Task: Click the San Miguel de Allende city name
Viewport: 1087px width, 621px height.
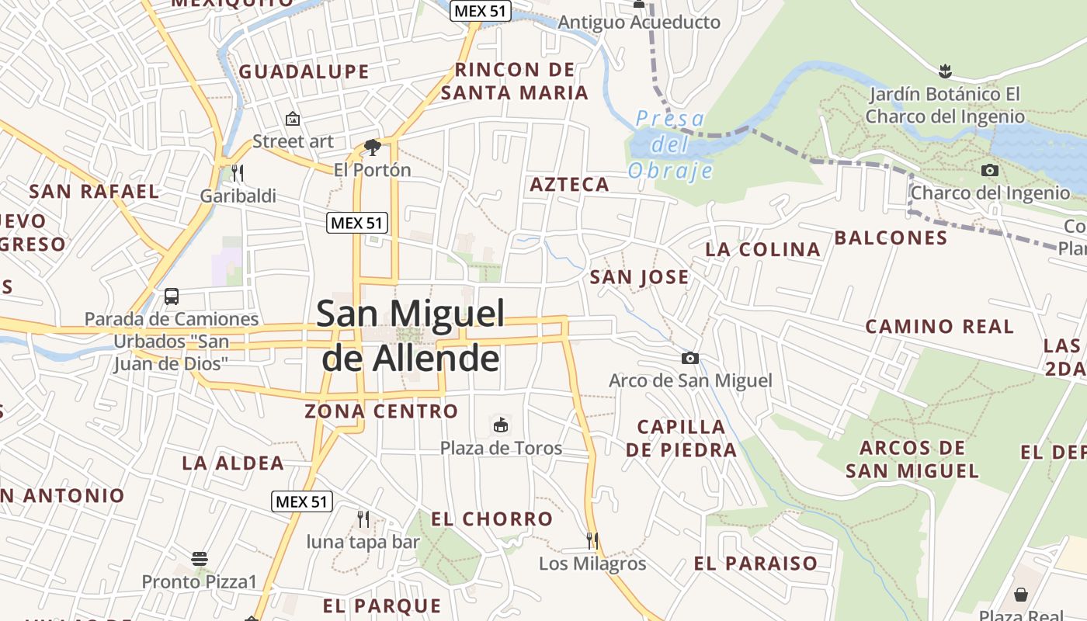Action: (411, 335)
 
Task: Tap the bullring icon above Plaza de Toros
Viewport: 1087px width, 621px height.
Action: (501, 425)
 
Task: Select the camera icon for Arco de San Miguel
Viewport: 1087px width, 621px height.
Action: (689, 358)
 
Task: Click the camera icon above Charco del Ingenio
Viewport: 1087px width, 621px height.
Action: (990, 170)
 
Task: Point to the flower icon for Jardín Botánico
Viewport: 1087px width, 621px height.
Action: (945, 71)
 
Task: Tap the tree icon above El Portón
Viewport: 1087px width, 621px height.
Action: (373, 147)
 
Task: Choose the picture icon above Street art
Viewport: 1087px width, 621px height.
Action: (293, 119)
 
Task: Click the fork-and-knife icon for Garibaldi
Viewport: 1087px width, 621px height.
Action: (238, 172)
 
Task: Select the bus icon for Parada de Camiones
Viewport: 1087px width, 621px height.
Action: (172, 296)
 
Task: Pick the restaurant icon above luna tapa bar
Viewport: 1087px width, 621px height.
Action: (363, 519)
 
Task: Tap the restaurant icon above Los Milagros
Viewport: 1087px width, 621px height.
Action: (592, 540)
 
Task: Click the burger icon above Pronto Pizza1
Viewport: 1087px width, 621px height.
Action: (200, 558)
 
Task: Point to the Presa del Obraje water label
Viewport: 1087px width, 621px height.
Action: (669, 144)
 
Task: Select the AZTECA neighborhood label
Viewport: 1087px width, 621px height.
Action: (569, 185)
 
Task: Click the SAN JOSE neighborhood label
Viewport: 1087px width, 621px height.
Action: (639, 277)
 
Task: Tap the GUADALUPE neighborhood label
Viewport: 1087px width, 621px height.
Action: (304, 72)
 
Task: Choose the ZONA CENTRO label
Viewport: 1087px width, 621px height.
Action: (381, 411)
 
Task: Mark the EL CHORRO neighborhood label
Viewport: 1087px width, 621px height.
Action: (491, 519)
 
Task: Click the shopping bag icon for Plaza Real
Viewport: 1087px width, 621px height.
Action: (1021, 595)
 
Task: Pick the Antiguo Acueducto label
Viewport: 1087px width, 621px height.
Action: (639, 23)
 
